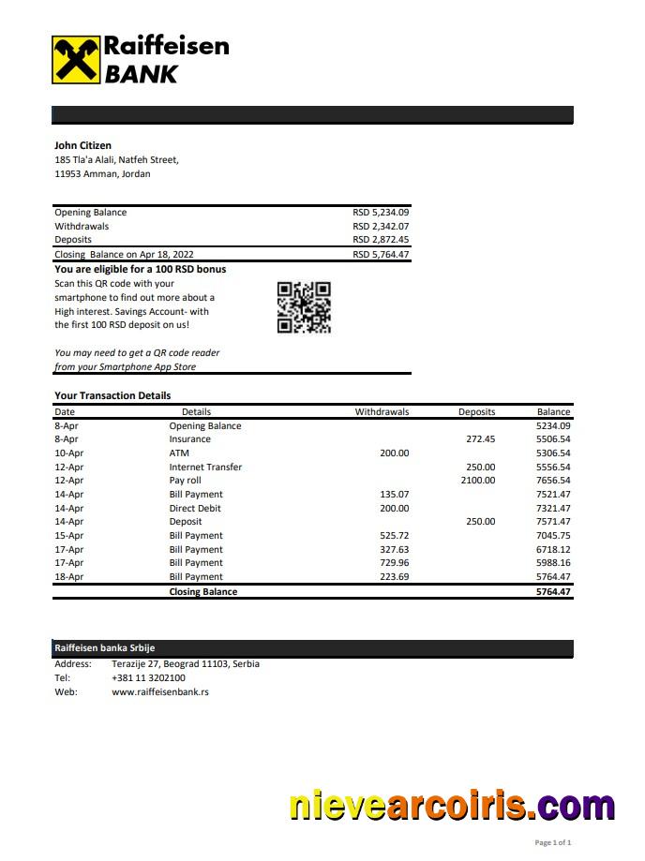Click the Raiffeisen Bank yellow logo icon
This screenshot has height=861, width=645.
[75, 60]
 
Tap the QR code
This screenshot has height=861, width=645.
[304, 307]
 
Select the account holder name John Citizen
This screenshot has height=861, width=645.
[82, 145]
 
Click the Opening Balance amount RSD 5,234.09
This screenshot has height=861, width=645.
[381, 213]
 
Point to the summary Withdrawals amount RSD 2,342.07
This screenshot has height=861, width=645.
[381, 227]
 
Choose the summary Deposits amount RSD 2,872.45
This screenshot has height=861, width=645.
[381, 240]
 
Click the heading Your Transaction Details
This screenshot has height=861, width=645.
[112, 395]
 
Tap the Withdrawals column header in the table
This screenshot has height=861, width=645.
[382, 412]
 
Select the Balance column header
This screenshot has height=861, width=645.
[553, 412]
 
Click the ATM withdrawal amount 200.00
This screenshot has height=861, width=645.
[394, 453]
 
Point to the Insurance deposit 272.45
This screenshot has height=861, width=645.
[480, 439]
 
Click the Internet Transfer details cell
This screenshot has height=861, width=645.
[205, 467]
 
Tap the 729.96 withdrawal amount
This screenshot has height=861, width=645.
[394, 563]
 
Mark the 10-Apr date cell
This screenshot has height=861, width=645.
[68, 453]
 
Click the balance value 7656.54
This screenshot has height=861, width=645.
[553, 481]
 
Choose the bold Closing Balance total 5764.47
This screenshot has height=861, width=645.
[553, 592]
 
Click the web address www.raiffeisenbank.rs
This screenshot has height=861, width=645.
[159, 692]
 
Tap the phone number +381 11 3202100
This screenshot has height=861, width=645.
[148, 678]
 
